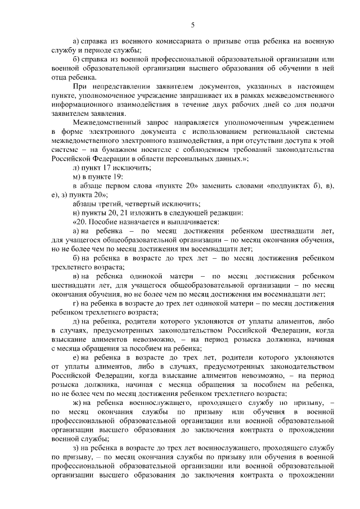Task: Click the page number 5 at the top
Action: [192, 24]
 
